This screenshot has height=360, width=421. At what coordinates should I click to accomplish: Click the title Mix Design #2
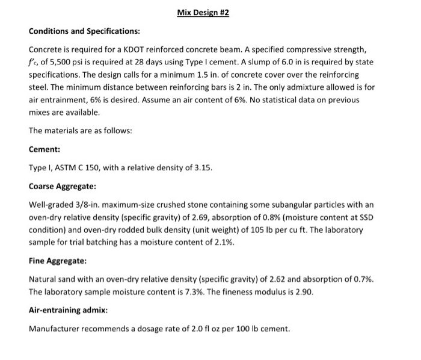tap(203, 13)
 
